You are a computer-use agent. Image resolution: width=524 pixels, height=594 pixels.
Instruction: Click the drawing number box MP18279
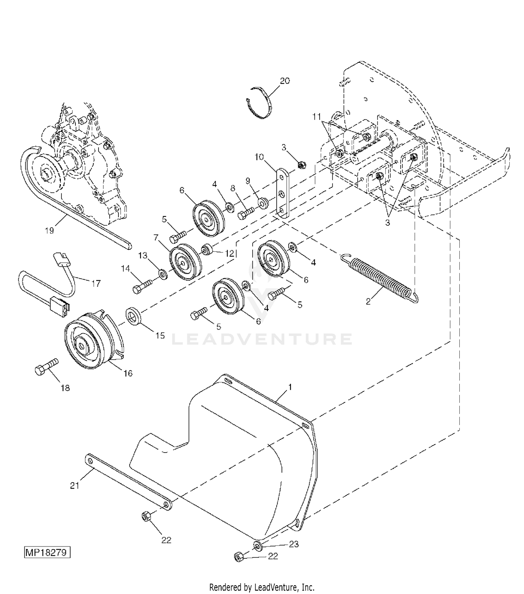click(x=48, y=553)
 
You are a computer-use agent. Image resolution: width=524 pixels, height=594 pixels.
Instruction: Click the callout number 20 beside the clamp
click(x=285, y=81)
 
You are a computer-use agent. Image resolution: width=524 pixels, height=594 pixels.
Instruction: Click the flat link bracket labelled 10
click(x=284, y=193)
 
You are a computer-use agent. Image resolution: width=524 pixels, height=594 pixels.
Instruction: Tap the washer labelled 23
click(x=258, y=545)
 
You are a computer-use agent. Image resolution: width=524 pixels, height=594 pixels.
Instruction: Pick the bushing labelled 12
click(x=208, y=250)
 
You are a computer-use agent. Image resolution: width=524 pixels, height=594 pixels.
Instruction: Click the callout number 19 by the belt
click(x=49, y=230)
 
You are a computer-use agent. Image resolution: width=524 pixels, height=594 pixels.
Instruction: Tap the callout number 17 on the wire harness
click(x=96, y=283)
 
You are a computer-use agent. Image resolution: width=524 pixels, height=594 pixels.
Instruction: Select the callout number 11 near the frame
click(x=316, y=117)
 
